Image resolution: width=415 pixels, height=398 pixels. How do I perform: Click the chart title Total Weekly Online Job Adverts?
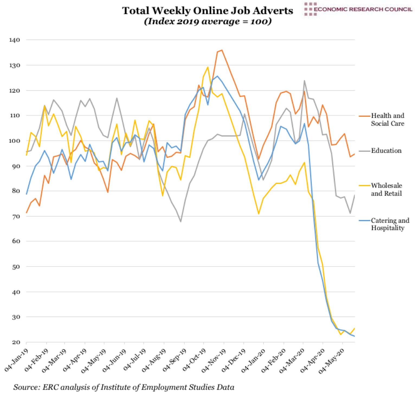(207, 11)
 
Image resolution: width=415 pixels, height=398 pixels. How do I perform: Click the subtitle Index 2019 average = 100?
(208, 21)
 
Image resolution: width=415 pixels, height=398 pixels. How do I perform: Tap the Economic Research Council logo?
(358, 9)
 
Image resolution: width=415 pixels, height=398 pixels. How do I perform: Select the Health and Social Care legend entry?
(387, 119)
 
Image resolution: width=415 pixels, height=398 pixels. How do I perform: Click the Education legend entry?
(386, 151)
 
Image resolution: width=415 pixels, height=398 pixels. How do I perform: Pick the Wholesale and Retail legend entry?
(386, 189)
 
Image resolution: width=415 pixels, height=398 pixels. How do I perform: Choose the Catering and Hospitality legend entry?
(390, 224)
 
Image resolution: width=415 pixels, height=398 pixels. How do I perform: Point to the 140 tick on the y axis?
(15, 40)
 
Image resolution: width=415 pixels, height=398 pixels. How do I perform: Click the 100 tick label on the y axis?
(15, 141)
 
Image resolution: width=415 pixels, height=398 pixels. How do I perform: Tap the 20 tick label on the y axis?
(16, 342)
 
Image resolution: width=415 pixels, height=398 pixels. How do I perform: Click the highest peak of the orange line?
(222, 50)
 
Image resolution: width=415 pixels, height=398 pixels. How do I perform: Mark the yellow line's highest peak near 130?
(208, 67)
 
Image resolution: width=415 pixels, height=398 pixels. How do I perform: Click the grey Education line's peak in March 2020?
(304, 80)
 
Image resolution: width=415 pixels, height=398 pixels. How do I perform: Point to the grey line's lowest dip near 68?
(181, 222)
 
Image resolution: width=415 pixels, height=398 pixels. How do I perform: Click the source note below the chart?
(124, 387)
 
